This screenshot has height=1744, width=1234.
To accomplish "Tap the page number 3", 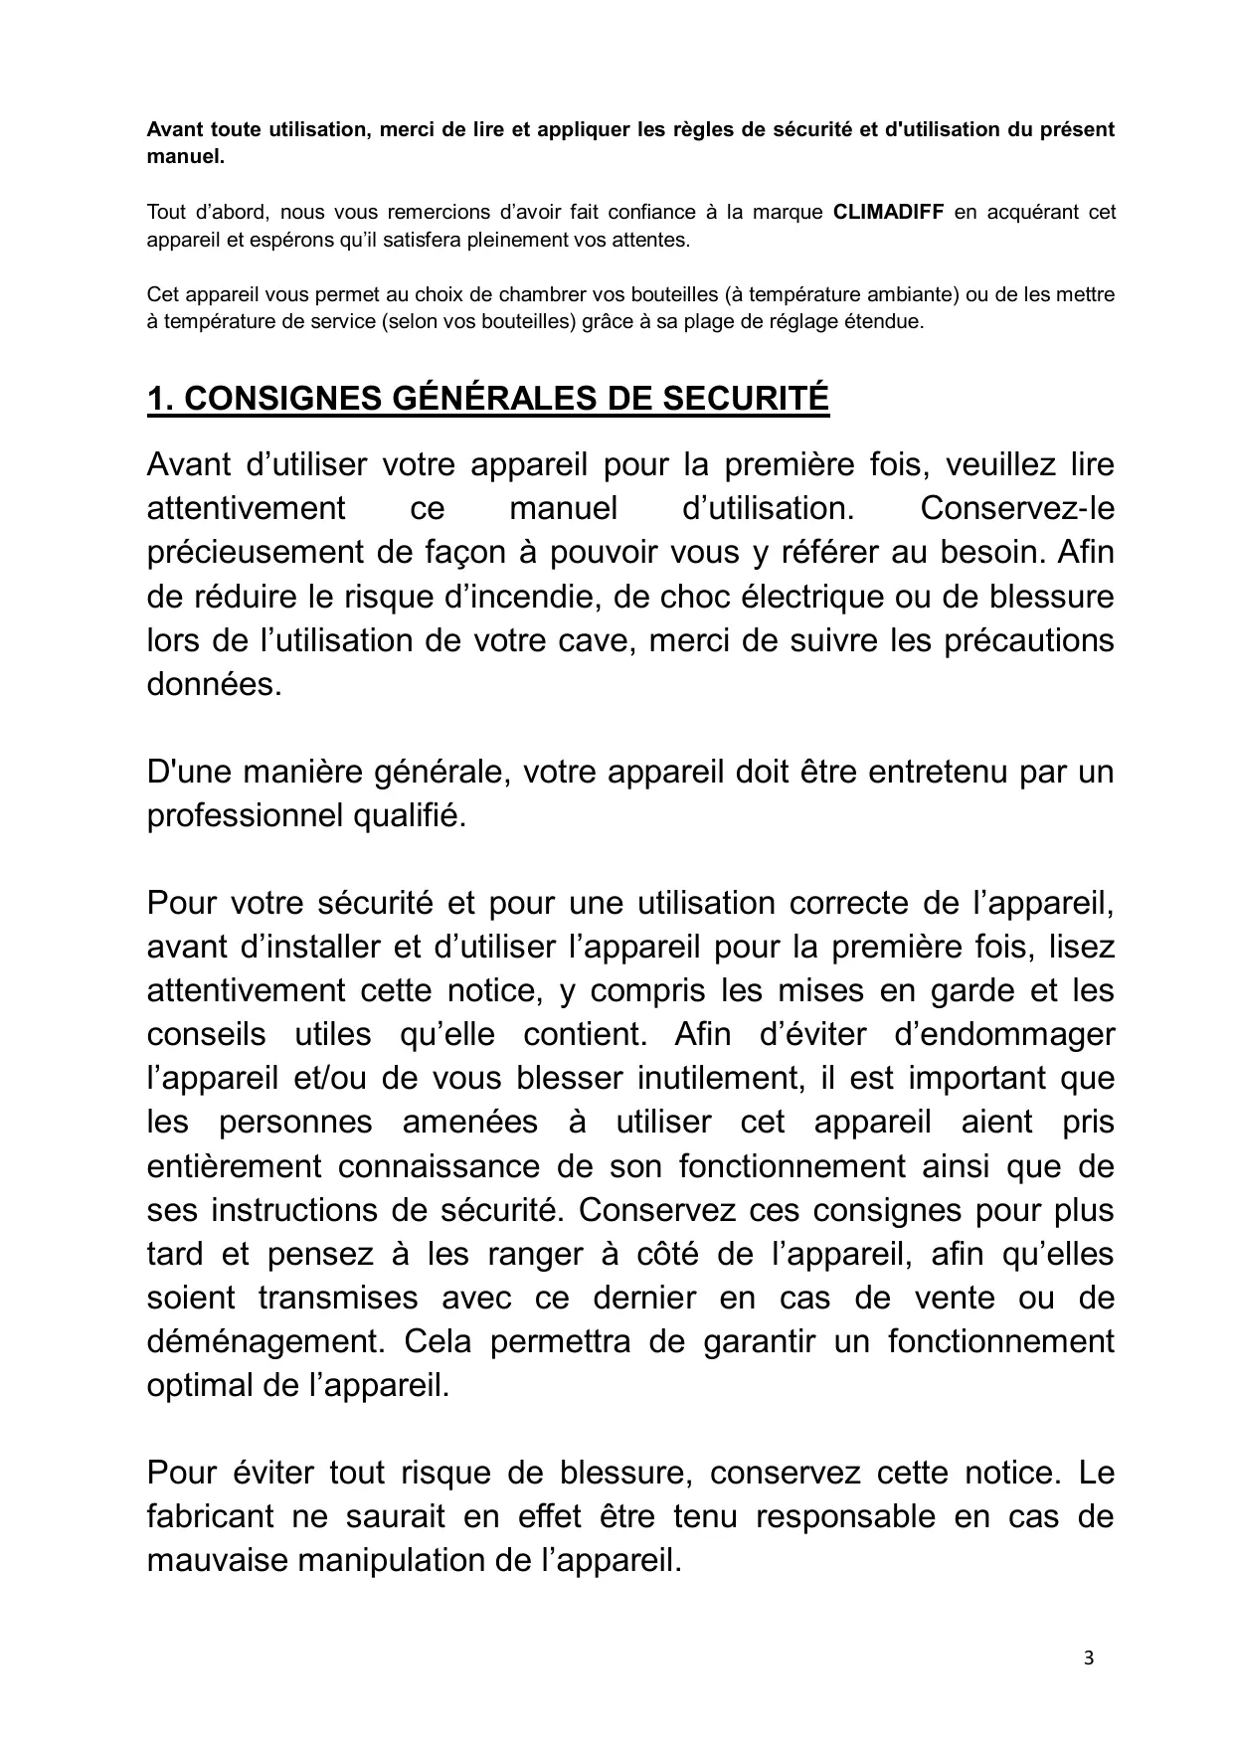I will pos(1089,1657).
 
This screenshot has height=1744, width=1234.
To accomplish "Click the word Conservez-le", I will pos(1017,509).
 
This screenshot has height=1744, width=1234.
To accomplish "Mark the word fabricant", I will pos(210,1516).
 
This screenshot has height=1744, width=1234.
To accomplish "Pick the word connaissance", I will pos(464,1166).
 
